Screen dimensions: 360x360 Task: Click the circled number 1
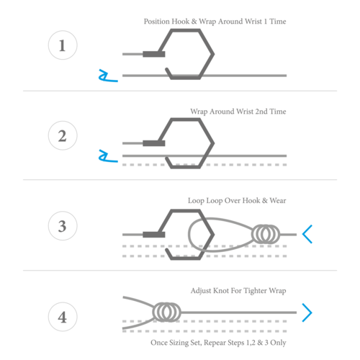(63, 45)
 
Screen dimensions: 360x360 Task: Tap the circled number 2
(63, 135)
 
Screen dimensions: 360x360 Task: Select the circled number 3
(63, 226)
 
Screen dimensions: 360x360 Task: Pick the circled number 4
(63, 317)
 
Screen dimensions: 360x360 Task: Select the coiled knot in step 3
(266, 234)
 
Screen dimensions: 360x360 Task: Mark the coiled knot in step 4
(166, 312)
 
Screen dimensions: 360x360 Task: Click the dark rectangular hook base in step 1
(154, 54)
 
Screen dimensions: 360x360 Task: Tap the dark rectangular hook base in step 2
(154, 143)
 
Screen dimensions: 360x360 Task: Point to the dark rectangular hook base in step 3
(154, 235)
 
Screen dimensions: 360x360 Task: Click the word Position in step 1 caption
(157, 22)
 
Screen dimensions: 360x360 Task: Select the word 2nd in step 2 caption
(261, 112)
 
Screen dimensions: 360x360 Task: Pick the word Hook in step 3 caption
(251, 200)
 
